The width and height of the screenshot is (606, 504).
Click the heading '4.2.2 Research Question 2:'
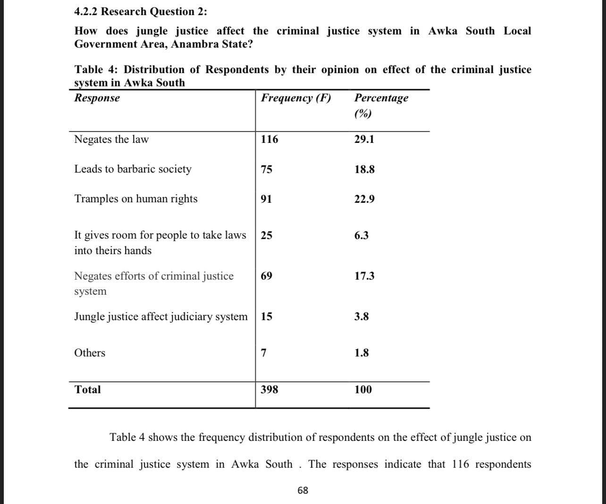click(140, 11)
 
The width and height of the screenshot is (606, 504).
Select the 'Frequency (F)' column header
click(296, 98)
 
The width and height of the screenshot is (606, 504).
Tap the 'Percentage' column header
click(381, 98)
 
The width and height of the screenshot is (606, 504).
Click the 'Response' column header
click(97, 98)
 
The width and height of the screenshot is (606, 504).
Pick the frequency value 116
click(269, 139)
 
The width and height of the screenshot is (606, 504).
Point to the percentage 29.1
click(364, 139)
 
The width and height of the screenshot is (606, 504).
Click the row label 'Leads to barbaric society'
click(133, 169)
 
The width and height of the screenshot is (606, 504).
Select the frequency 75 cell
click(266, 169)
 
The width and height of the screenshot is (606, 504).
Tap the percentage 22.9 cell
click(364, 199)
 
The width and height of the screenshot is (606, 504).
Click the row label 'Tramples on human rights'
click(135, 198)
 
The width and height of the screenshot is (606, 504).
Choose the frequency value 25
click(266, 235)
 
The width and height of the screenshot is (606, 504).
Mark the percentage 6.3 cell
click(361, 235)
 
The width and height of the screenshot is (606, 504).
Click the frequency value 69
click(266, 276)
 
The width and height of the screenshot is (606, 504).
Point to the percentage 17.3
click(364, 276)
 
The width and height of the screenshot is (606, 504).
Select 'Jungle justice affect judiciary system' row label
click(160, 316)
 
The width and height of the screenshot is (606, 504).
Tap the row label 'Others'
click(90, 353)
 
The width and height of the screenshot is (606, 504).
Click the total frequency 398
click(269, 389)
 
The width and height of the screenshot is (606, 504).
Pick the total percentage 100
click(363, 389)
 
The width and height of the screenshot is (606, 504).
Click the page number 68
click(303, 490)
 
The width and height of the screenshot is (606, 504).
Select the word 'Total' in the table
click(87, 389)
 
